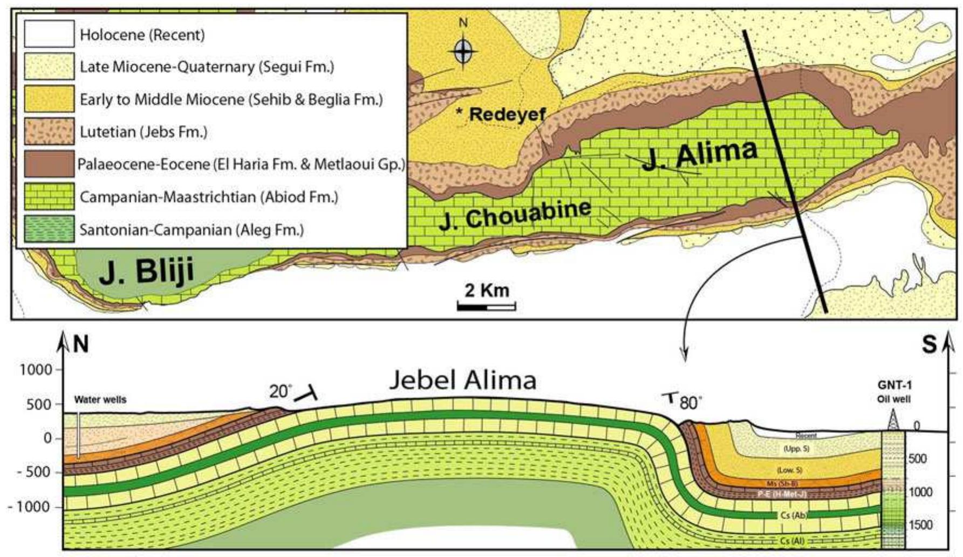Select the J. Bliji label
pyautogui.click(x=146, y=271)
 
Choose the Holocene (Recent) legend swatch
pyautogui.click(x=49, y=35)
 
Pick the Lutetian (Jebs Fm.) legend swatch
pyautogui.click(x=49, y=132)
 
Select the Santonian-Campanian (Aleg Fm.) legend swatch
pyautogui.click(x=49, y=229)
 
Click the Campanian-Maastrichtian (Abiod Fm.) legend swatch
pyautogui.click(x=49, y=196)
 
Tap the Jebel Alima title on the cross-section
pyautogui.click(x=463, y=380)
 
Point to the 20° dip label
pyautogui.click(x=280, y=391)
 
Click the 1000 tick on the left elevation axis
pyautogui.click(x=37, y=370)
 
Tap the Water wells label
pyautogui.click(x=100, y=400)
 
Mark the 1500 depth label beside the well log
pyautogui.click(x=920, y=525)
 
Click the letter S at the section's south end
pyautogui.click(x=929, y=345)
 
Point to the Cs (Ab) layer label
pyautogui.click(x=793, y=515)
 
